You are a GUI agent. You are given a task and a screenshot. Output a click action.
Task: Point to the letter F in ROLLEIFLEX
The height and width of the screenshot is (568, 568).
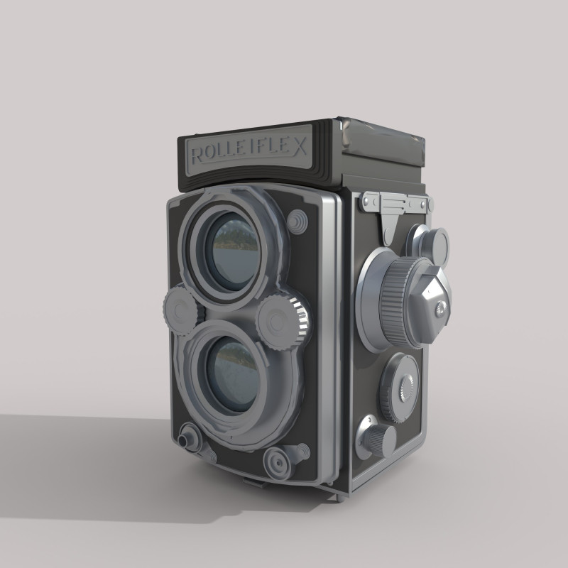pos(266,150)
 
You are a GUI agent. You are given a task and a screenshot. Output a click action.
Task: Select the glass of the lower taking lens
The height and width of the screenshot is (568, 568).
pos(234,373)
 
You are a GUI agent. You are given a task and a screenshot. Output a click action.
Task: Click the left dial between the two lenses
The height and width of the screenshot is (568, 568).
pos(180,310)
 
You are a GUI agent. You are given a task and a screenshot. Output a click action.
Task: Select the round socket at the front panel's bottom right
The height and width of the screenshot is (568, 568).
pos(278,462)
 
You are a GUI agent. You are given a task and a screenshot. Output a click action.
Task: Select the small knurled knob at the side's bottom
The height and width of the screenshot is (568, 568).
pos(378,439)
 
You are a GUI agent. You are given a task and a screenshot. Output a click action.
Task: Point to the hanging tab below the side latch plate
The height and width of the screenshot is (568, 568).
pos(388,228)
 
